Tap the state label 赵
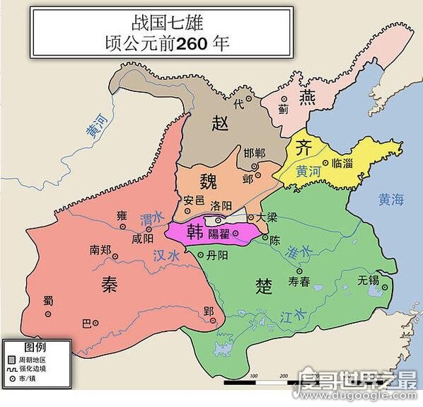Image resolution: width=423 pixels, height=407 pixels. pos(221,124)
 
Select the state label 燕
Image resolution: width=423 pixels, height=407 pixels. pos(307,96)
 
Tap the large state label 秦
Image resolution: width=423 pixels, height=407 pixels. pos(109,285)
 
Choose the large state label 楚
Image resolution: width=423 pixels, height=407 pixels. pos(264,285)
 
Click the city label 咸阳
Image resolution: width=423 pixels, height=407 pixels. pos(142,239)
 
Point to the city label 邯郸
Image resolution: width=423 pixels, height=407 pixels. pos(254,153)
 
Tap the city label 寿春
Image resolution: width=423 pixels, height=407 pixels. pos(299,281)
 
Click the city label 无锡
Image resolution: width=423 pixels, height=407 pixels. pos(369,280)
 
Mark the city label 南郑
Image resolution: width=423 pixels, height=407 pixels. pos(100,250)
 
